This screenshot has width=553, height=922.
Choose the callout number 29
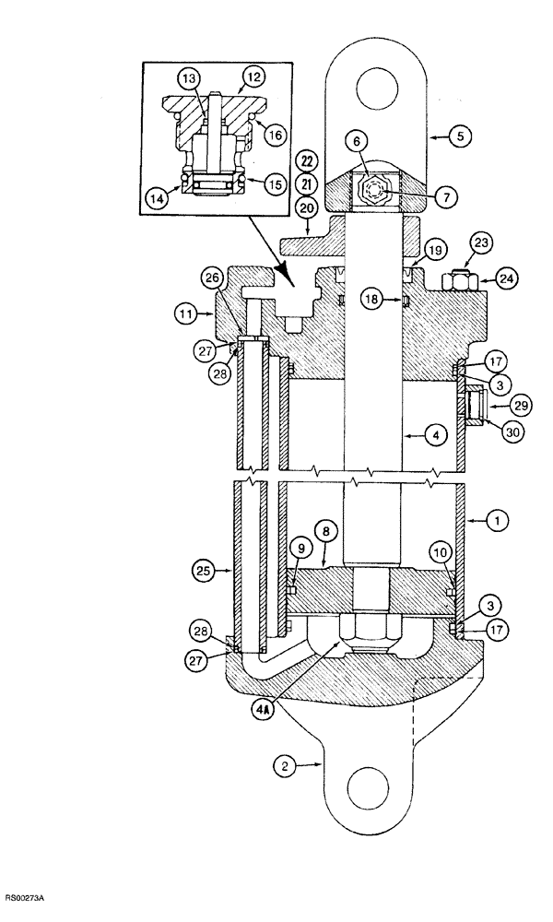(x=499, y=404)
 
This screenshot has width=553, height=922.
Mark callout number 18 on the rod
(x=371, y=300)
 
